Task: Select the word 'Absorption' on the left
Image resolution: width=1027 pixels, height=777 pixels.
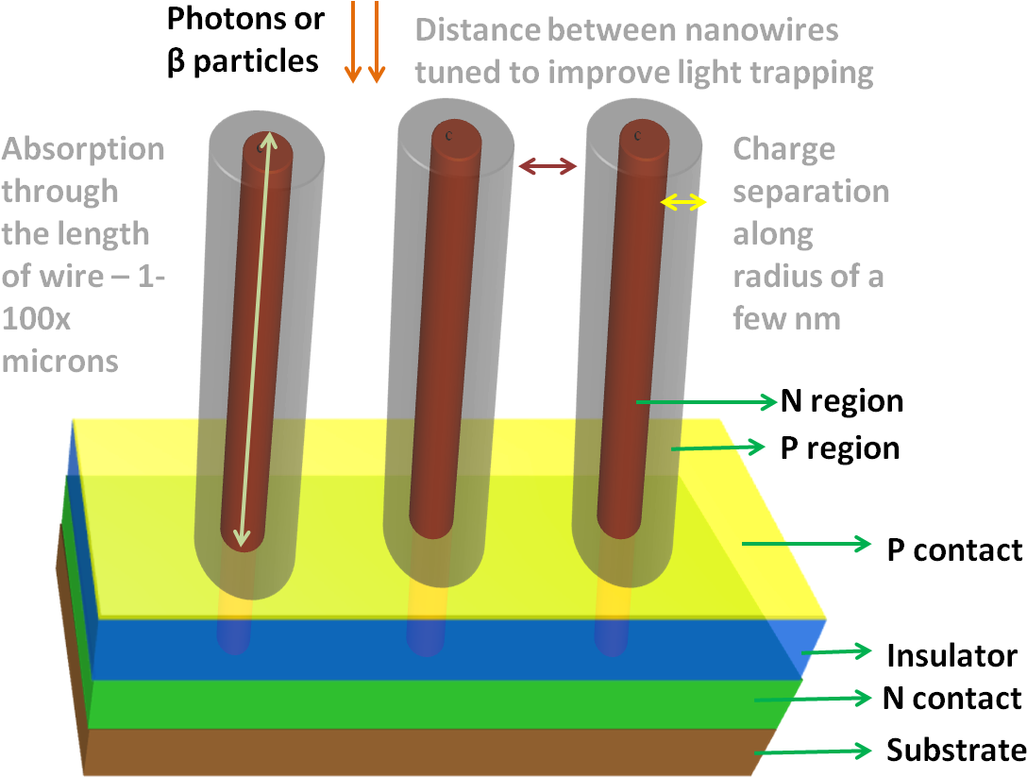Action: (83, 148)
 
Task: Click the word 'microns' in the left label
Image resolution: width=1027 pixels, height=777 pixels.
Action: (59, 361)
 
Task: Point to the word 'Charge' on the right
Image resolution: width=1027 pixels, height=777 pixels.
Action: (783, 148)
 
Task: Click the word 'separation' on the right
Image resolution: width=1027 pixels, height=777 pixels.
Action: (811, 191)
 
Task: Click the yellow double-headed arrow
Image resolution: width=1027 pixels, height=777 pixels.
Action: (683, 201)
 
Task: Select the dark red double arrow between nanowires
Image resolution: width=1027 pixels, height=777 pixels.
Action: (548, 167)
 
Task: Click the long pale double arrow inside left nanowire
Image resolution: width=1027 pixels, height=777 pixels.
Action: (255, 340)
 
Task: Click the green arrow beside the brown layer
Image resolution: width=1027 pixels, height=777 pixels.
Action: (813, 751)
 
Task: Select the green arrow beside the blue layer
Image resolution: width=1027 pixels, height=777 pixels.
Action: (836, 650)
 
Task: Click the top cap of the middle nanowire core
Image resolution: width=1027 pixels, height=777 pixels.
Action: (456, 138)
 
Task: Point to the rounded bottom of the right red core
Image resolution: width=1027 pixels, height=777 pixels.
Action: (621, 524)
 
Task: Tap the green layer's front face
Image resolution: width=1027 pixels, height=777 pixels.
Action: (425, 704)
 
